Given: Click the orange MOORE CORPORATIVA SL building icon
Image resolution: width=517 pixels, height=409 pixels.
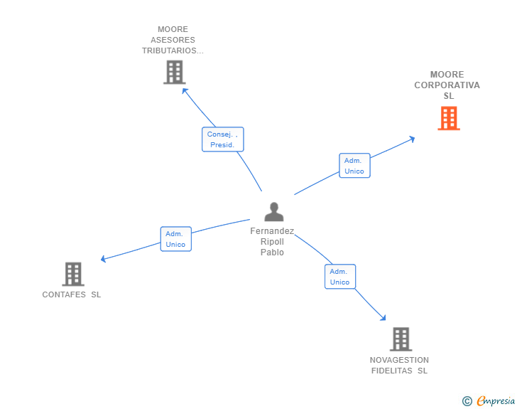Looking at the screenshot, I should (448, 118).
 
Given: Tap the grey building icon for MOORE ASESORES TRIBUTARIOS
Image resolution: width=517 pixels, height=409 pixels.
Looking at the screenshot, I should (174, 72).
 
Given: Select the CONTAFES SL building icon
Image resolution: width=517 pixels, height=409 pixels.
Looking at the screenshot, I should (72, 274).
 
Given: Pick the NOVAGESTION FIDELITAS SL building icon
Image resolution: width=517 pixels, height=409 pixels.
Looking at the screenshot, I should (401, 339).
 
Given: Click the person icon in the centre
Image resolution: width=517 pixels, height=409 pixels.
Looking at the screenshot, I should (273, 212).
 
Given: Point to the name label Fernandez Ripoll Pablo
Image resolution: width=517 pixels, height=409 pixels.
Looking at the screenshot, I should (272, 242).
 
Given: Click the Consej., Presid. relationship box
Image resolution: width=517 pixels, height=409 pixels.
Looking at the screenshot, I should (222, 139).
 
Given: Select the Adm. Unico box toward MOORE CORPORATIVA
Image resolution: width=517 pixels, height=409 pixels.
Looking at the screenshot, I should (354, 165).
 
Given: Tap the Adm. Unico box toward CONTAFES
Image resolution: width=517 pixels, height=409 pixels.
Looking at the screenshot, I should (175, 239).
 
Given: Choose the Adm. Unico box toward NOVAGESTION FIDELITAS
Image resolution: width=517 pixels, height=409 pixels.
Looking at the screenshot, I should (339, 276).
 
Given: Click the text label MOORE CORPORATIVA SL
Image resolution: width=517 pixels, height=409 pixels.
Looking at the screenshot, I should (447, 85).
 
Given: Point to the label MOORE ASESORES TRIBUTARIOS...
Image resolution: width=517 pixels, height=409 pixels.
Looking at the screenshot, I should (173, 41).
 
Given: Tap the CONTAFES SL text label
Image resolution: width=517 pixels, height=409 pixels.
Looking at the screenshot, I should (72, 294).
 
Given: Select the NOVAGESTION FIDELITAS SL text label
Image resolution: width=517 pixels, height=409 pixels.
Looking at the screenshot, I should (399, 365).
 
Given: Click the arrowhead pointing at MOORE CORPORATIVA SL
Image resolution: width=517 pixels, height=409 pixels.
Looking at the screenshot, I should (411, 139).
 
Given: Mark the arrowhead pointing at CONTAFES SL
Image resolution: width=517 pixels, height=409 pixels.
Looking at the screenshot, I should (104, 259).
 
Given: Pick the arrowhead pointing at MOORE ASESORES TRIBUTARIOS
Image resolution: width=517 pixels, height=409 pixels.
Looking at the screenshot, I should (185, 90).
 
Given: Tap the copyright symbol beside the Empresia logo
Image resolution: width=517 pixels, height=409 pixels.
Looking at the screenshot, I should (467, 401).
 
